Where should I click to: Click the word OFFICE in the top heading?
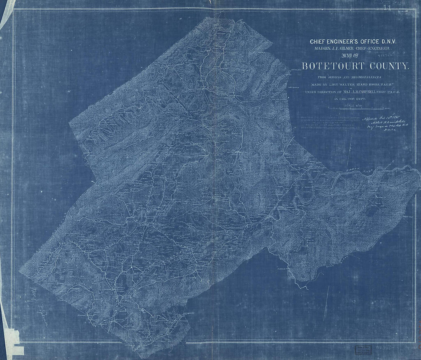[x=369, y=41]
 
